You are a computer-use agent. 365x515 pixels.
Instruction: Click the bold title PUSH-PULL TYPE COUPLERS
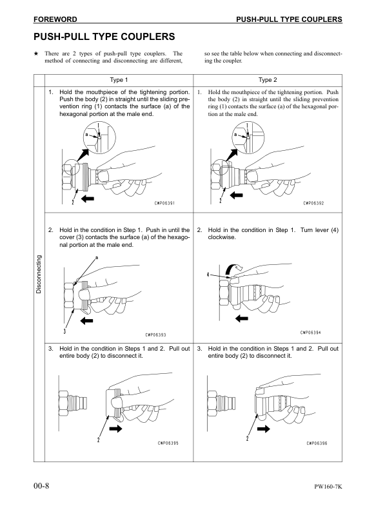click(104, 37)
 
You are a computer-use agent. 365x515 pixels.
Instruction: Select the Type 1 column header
click(119, 81)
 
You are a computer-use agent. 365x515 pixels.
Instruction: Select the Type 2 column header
click(267, 81)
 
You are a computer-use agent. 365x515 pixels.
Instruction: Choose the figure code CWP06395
click(168, 443)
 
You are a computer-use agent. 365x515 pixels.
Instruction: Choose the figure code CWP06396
click(317, 443)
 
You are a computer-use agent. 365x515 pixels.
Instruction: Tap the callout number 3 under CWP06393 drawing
click(65, 331)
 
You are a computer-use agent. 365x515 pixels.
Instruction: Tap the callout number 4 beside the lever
click(208, 275)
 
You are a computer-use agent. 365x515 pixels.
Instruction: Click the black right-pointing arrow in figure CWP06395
click(116, 428)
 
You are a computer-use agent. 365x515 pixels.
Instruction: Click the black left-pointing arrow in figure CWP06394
click(241, 318)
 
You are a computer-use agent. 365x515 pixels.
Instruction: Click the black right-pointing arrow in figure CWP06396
click(264, 427)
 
